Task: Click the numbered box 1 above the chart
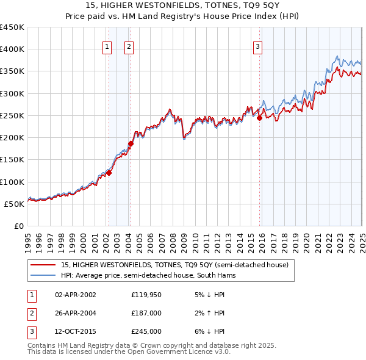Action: coord(107,46)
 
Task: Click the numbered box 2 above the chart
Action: coord(130,46)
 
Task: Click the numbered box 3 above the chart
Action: coord(257,46)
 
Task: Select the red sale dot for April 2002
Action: coord(109,173)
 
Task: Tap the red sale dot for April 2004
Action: coord(131,143)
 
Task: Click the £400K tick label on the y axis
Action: coord(12,49)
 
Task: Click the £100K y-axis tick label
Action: coord(12,182)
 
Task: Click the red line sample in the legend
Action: coord(43,265)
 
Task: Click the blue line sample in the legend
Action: coord(43,275)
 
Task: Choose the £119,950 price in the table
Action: coord(146,294)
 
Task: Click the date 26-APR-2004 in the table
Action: coord(76,313)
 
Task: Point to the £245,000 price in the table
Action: coord(146,331)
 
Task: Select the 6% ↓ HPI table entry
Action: coord(208,331)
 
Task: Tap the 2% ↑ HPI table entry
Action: coord(208,313)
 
